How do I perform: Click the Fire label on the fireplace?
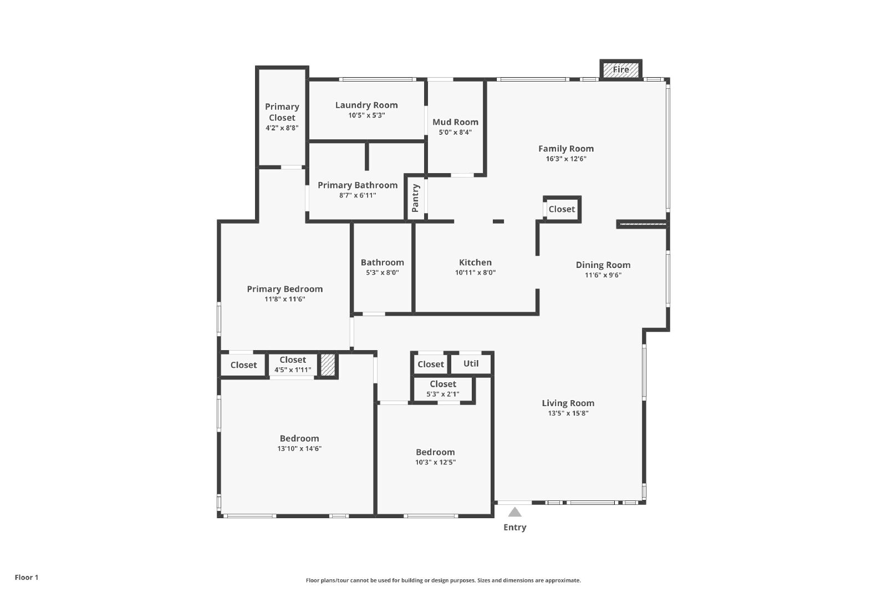tap(620, 69)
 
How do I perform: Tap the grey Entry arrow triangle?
tap(514, 512)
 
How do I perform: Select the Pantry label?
tap(415, 198)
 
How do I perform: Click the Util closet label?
tap(471, 363)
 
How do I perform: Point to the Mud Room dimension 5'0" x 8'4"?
tap(455, 133)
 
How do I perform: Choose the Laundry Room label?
tap(366, 105)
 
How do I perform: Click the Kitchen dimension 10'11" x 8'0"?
tap(475, 272)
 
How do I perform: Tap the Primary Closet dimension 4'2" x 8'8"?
tap(282, 128)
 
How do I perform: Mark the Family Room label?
tap(566, 149)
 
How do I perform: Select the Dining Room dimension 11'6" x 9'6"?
tap(603, 275)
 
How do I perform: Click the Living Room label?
tap(568, 403)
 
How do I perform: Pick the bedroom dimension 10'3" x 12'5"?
tap(435, 462)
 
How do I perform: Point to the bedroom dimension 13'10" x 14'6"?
tap(299, 448)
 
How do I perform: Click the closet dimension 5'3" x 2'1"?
tap(443, 394)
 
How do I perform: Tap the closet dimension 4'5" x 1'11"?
tap(293, 370)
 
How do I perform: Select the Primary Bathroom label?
tap(358, 185)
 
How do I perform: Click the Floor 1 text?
tap(27, 578)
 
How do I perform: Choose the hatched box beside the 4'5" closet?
tap(328, 365)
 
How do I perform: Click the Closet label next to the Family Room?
tap(562, 209)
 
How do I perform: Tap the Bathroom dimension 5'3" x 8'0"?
tap(382, 272)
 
